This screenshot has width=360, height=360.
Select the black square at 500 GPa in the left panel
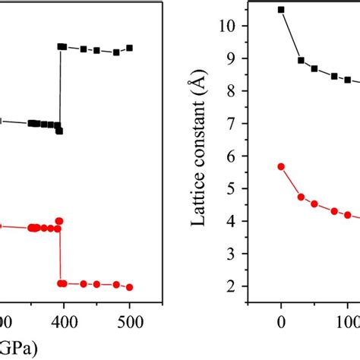pyautogui.click(x=129, y=48)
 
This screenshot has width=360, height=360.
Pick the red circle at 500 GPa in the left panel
pyautogui.click(x=129, y=287)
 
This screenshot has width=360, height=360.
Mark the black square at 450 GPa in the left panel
pyautogui.click(x=96, y=50)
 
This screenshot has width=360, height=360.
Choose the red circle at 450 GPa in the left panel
pyautogui.click(x=96, y=284)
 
